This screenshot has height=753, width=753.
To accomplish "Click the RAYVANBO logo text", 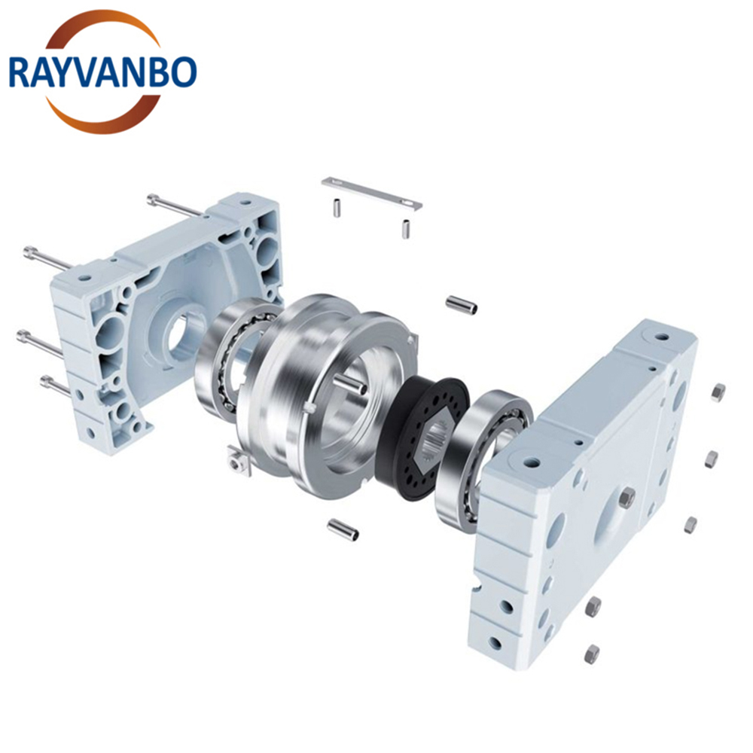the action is (x=102, y=72).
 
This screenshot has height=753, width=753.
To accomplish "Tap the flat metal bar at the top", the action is (x=372, y=193).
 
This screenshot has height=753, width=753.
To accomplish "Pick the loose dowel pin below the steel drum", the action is (x=343, y=529).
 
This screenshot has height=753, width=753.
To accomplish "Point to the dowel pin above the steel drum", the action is (x=462, y=304).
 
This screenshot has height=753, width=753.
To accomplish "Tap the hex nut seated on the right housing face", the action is (x=626, y=497).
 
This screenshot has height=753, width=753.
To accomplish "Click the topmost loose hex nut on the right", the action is (x=718, y=392).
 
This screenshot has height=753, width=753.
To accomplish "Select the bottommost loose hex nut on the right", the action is (x=593, y=654).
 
